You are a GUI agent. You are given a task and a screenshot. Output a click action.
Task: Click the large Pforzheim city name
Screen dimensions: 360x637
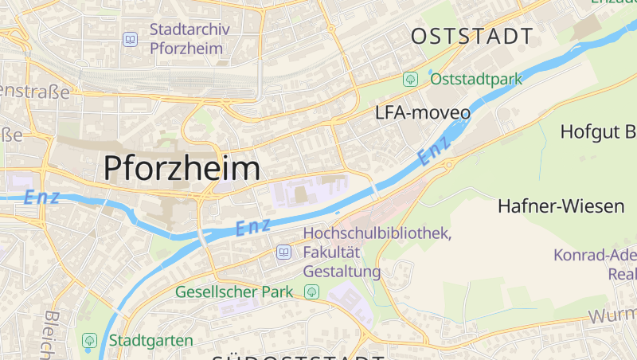pyautogui.click(x=182, y=168)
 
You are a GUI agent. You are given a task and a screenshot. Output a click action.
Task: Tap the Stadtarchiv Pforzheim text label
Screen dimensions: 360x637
pyautogui.click(x=190, y=38)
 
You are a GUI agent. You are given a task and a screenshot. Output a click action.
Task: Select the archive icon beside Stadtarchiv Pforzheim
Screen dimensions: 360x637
pyautogui.click(x=130, y=38)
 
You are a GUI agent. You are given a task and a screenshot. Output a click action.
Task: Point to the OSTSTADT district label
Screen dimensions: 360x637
pyautogui.click(x=471, y=36)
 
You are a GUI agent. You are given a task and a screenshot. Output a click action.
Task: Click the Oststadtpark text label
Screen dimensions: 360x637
pyautogui.click(x=476, y=79)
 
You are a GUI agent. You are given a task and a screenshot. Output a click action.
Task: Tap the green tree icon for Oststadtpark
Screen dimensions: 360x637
pyautogui.click(x=411, y=79)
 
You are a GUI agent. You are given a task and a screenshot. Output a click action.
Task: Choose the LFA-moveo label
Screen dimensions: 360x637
pyautogui.click(x=423, y=113)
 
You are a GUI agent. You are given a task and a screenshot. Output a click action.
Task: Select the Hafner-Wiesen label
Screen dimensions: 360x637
pyautogui.click(x=561, y=206)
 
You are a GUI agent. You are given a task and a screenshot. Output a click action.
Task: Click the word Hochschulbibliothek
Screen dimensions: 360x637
pyautogui.click(x=377, y=234)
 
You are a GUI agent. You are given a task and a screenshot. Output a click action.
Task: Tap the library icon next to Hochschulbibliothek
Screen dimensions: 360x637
pyautogui.click(x=283, y=252)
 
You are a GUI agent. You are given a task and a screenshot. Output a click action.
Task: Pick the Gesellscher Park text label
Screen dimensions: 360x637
pyautogui.click(x=234, y=292)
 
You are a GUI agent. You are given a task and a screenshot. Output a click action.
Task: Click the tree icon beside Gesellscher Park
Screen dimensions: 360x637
pyautogui.click(x=312, y=292)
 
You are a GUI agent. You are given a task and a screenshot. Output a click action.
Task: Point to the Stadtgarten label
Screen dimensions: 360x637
pyautogui.click(x=151, y=341)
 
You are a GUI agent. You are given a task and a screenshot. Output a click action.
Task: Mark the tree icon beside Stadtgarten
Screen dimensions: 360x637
pyautogui.click(x=89, y=341)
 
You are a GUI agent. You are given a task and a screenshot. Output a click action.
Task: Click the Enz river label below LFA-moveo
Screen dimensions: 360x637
pyautogui.click(x=434, y=150)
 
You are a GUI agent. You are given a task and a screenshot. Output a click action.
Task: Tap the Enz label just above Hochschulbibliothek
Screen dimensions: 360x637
pyautogui.click(x=253, y=226)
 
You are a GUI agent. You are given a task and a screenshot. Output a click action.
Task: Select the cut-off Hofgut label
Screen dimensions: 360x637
pyautogui.click(x=598, y=131)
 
